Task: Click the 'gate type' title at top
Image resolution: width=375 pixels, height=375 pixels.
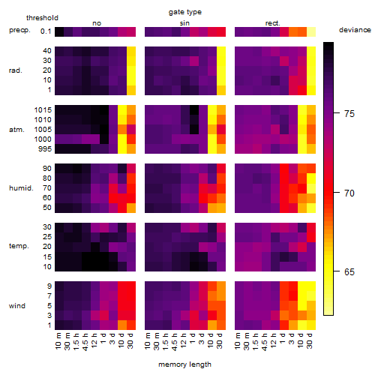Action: coord(185,12)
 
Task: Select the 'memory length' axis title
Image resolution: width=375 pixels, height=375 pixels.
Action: coord(184,364)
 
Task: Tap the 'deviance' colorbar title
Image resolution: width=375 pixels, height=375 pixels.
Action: coord(355,30)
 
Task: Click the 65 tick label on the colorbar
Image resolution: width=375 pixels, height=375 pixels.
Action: coord(349,271)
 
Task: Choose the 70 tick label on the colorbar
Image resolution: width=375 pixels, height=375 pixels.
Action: coord(349,193)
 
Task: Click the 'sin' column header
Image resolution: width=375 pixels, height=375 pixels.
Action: coord(184,23)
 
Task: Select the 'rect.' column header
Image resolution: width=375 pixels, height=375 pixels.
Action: coord(273,23)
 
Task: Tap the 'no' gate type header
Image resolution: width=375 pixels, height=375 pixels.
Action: coord(97,23)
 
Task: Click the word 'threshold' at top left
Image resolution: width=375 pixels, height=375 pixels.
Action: coord(42,18)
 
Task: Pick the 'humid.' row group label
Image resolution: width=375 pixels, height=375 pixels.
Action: coord(21,188)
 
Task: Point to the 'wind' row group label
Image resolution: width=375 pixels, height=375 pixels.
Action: coord(17,306)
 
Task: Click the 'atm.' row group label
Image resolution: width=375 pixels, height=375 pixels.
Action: coord(16,130)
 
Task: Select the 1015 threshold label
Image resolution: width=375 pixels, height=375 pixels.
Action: coord(43,110)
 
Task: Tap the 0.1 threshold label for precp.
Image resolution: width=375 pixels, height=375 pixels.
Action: coord(46,31)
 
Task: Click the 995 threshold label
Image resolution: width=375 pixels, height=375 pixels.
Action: coord(45,149)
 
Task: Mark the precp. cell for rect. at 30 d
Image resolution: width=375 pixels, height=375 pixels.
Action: coord(311,31)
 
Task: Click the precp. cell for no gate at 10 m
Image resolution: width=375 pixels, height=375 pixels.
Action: coord(59,31)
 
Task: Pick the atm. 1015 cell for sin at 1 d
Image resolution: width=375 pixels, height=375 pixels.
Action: coord(194,110)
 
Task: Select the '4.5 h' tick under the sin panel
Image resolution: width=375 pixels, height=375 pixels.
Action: coord(175,341)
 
